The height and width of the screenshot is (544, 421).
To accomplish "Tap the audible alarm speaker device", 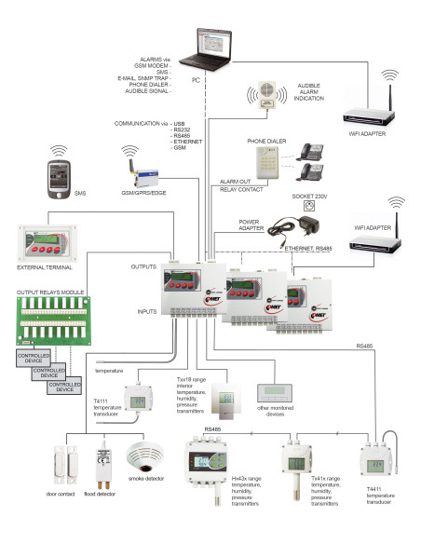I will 263,101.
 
